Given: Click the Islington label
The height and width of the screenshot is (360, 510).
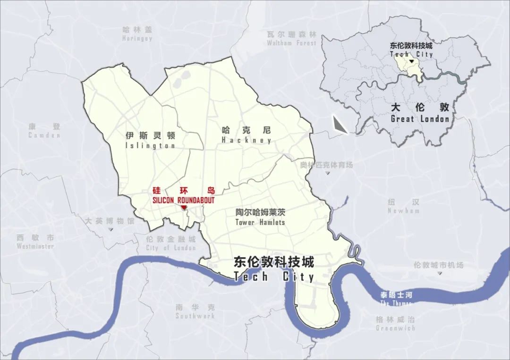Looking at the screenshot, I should tap(150, 140).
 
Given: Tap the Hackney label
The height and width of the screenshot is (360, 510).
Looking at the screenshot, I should tap(246, 135).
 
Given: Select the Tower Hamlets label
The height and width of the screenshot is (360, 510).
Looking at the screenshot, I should tap(260, 217).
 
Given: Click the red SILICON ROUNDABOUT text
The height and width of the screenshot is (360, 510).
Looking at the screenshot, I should tap(183, 200).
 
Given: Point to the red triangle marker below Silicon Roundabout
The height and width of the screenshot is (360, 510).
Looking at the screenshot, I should tap(183, 208).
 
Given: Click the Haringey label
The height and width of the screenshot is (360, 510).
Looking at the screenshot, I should tap(137, 34).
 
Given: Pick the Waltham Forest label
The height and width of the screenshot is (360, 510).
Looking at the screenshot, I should tap(291, 38).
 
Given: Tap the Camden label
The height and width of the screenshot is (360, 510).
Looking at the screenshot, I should tap(44, 131).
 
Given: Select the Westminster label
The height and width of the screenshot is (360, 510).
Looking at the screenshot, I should tap(35, 242).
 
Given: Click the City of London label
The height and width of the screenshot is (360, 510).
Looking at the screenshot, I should tap(171, 243).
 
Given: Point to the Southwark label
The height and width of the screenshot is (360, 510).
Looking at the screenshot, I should tap(195, 311).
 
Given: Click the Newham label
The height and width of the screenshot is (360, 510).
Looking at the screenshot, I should tap(403, 206).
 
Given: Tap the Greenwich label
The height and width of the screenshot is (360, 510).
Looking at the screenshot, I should tap(395, 324).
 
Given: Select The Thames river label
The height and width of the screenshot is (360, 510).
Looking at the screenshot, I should tap(396, 299).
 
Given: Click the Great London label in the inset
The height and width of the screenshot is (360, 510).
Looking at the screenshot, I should tap(420, 113).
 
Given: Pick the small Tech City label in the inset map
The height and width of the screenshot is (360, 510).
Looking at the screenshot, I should tap(411, 50).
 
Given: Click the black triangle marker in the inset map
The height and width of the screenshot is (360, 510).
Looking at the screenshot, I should tap(412, 61).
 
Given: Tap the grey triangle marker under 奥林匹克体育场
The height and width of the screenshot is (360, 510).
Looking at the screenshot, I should tap(327, 173).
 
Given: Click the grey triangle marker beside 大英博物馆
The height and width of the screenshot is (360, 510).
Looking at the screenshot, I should tap(110, 229).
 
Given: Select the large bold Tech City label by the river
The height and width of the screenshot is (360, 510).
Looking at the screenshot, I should tap(274, 269).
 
